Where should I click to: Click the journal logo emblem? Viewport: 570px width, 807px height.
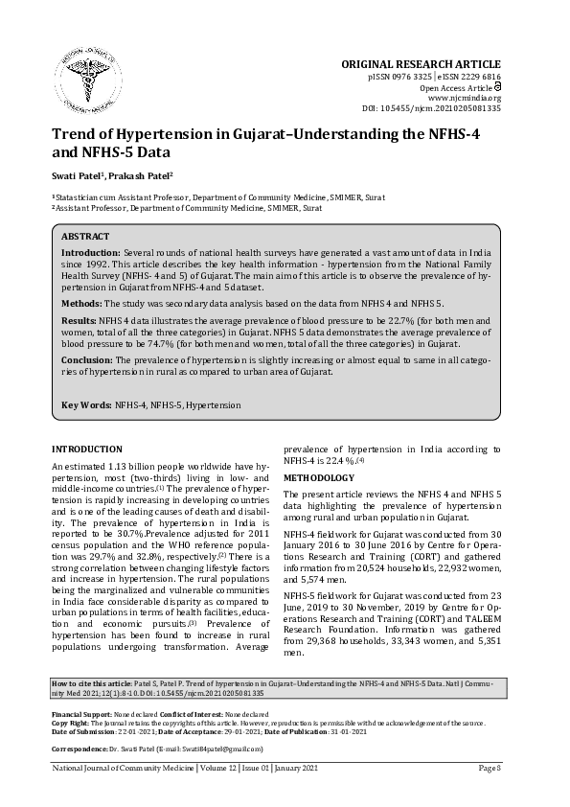(x=87, y=65)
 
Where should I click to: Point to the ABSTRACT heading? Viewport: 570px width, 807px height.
(x=85, y=236)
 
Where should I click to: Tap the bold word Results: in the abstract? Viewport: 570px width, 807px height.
(x=80, y=318)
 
